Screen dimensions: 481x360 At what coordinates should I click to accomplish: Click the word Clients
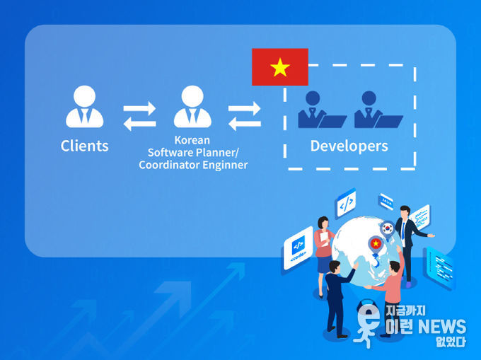tap(85, 146)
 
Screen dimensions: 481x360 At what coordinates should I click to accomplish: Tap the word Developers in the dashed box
tap(349, 146)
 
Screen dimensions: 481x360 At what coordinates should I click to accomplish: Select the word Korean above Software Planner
tap(192, 140)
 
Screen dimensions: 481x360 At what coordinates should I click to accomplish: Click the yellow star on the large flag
tap(280, 67)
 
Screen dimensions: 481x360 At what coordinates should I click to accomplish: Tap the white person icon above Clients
tap(85, 106)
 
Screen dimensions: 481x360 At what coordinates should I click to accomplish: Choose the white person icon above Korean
tap(192, 106)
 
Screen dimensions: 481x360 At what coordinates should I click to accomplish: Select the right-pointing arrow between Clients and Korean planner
tap(139, 108)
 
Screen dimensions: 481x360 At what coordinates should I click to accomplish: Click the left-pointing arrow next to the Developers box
tap(245, 124)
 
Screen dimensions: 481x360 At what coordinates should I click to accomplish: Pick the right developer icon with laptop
tap(378, 110)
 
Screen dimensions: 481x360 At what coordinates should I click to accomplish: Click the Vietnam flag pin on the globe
tap(376, 245)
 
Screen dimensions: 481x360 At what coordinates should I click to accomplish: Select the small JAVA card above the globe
tap(386, 202)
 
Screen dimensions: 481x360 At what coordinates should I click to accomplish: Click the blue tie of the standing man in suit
tap(403, 231)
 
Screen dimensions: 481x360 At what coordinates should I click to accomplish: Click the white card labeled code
tap(299, 248)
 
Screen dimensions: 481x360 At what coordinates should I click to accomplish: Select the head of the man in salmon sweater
tap(395, 267)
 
